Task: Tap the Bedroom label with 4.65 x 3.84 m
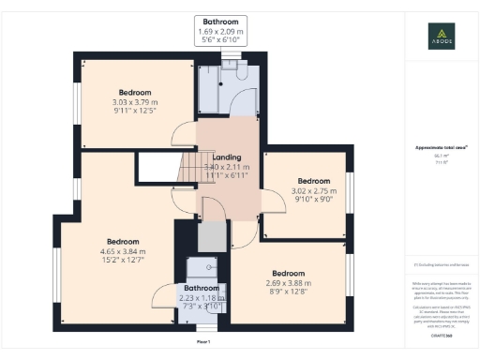tap(123, 241)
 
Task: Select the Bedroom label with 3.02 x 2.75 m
tap(314, 181)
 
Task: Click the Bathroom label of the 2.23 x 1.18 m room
tap(201, 288)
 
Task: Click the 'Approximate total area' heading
tap(441, 148)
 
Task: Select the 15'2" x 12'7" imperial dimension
tap(123, 261)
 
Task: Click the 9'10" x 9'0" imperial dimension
tap(314, 199)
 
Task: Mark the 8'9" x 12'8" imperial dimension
tap(287, 292)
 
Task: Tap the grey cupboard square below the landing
tap(213, 234)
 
